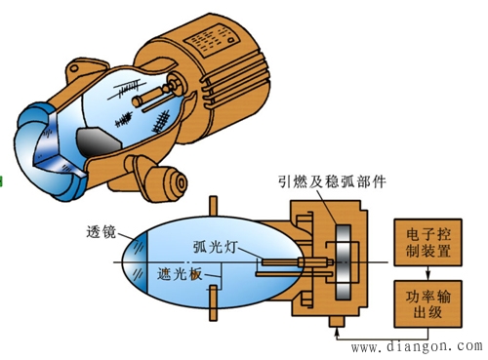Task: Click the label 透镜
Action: (101, 232)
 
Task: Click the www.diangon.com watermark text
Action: (415, 346)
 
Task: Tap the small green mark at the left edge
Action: (2, 180)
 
